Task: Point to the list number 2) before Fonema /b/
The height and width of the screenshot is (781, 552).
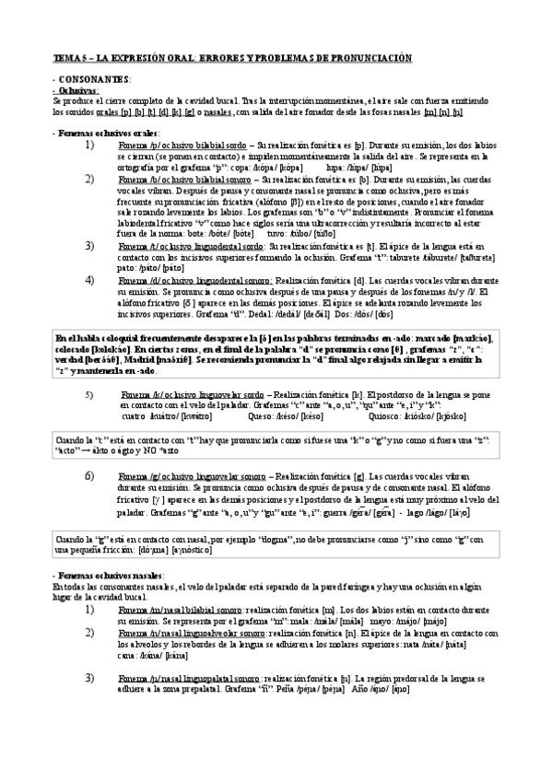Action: (x=89, y=179)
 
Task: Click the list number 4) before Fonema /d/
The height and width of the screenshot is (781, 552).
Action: (x=89, y=280)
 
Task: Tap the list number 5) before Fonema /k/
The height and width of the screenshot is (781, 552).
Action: (x=89, y=368)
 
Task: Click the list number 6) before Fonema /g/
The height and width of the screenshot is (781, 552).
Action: (x=89, y=475)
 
